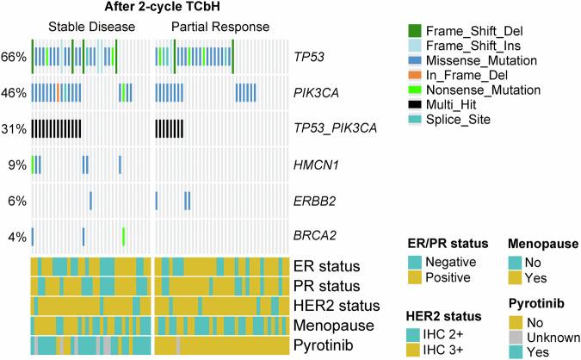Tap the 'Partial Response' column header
coord(219,27)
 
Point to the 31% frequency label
coord(14,128)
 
